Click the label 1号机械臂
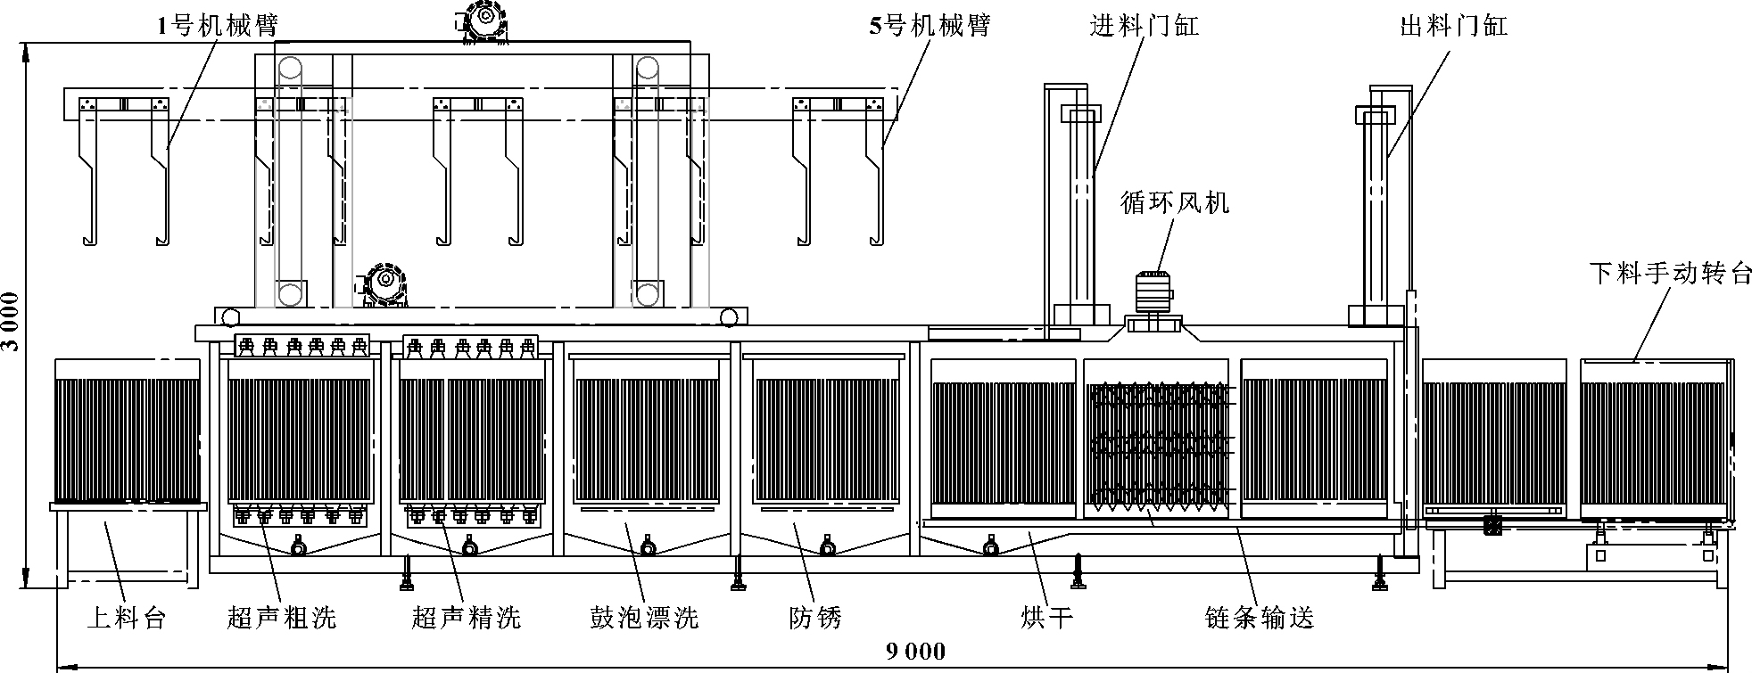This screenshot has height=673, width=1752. coord(218,26)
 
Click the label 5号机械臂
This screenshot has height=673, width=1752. coord(930,26)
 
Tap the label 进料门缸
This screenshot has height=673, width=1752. coord(1145,26)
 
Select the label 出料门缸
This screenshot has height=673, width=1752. coord(1454,26)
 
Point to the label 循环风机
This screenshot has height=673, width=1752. coord(1175,203)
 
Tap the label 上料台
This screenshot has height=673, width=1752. coord(126,617)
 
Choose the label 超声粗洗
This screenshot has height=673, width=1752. coord(282,617)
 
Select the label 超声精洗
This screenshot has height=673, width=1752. coord(467,617)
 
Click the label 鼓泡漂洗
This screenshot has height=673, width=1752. coord(644,617)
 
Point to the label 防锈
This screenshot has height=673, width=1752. coord(815,617)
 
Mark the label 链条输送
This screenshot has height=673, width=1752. coord(1260,617)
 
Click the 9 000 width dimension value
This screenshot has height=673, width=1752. coord(916,652)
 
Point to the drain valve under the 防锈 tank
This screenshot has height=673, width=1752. coord(830,544)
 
